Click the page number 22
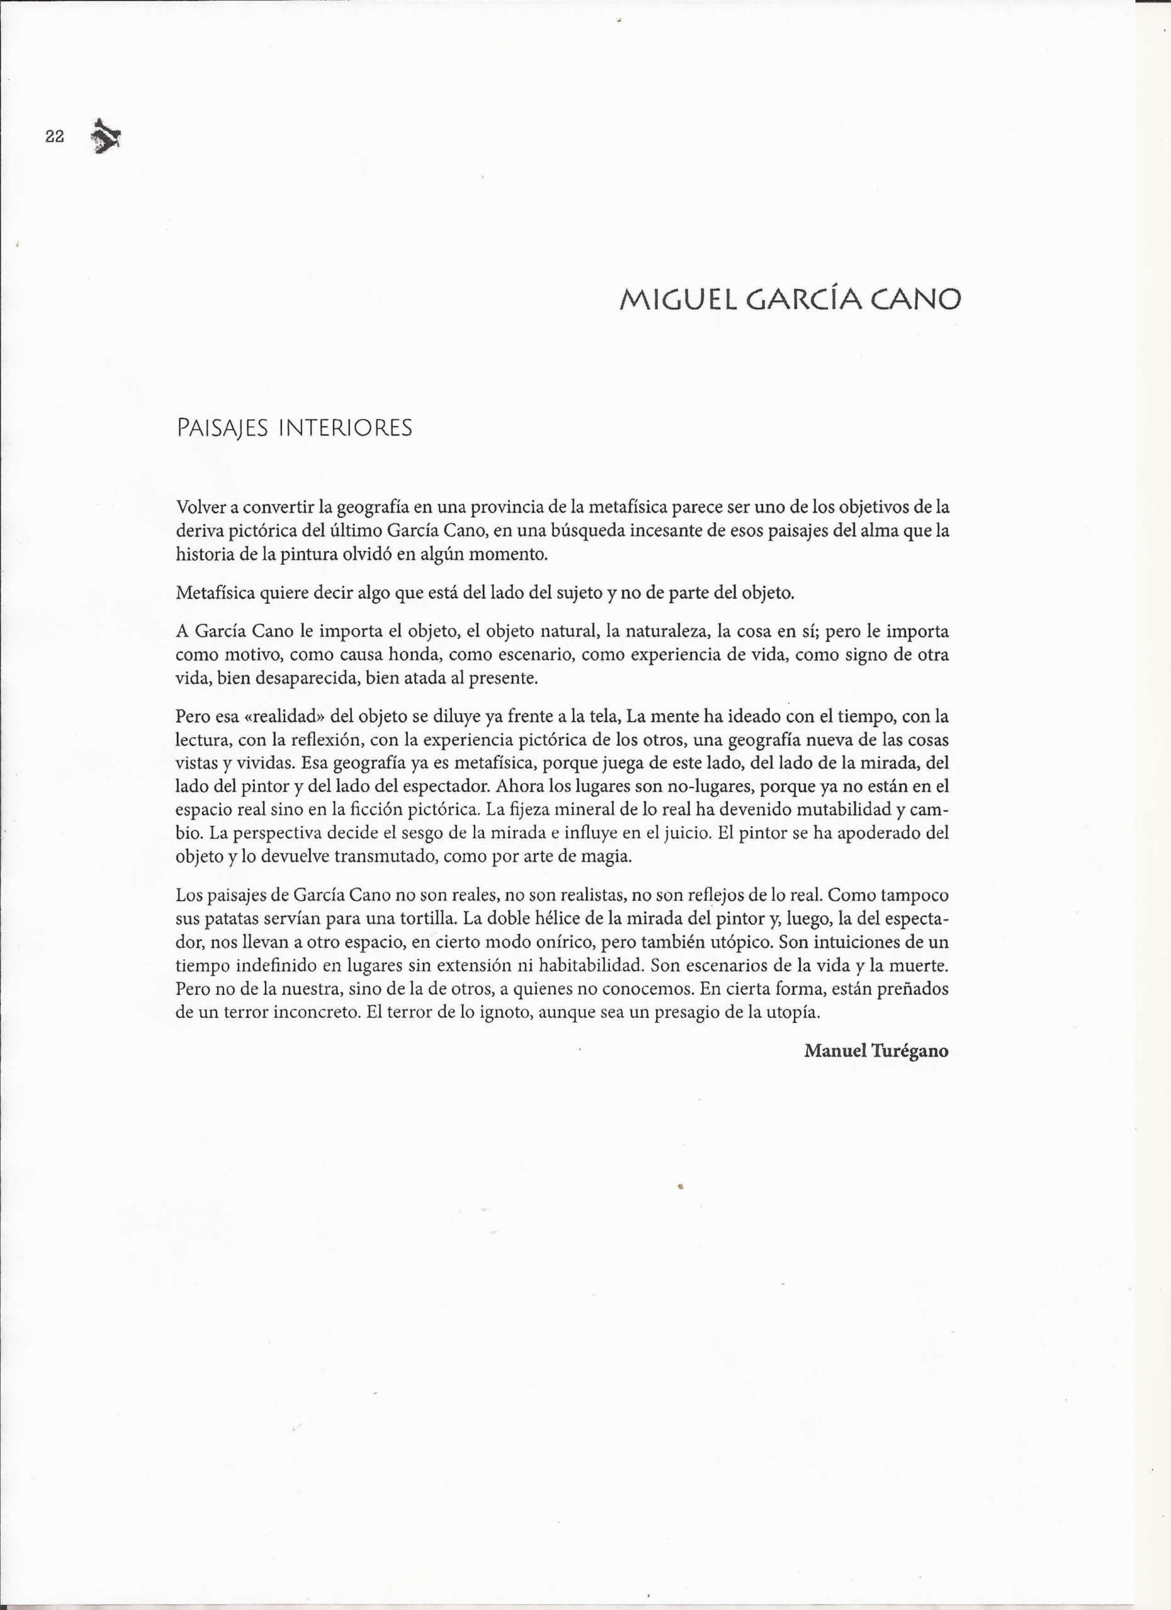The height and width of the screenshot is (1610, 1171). pos(55,137)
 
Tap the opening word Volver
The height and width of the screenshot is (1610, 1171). pos(200,508)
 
